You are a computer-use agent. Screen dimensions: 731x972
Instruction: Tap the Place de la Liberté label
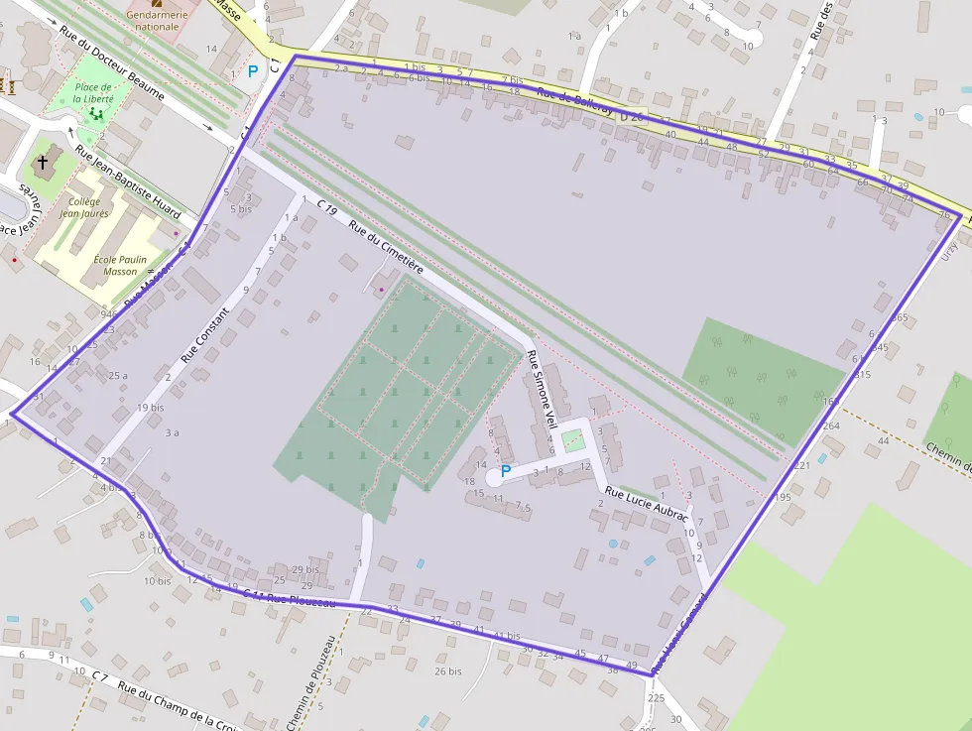[93, 93]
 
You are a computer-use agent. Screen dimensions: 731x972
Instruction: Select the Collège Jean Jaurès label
[84, 207]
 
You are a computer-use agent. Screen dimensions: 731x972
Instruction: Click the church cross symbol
[43, 161]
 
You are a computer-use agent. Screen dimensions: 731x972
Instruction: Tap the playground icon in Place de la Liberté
[96, 114]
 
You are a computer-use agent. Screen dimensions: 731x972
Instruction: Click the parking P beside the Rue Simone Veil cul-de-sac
[506, 471]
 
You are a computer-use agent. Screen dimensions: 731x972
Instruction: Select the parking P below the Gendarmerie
[252, 71]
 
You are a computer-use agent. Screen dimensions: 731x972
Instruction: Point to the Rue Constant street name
[204, 334]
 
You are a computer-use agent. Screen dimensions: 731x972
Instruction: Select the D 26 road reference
[631, 116]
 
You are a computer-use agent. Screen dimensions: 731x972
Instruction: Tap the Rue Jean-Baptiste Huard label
[129, 185]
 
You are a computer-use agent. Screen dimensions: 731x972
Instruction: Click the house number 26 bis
[448, 671]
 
